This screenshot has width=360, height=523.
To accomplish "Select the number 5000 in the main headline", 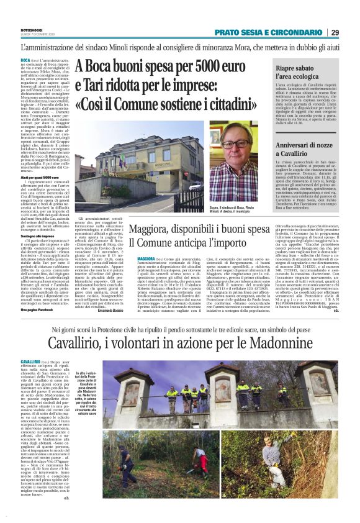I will click(x=196, y=66).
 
